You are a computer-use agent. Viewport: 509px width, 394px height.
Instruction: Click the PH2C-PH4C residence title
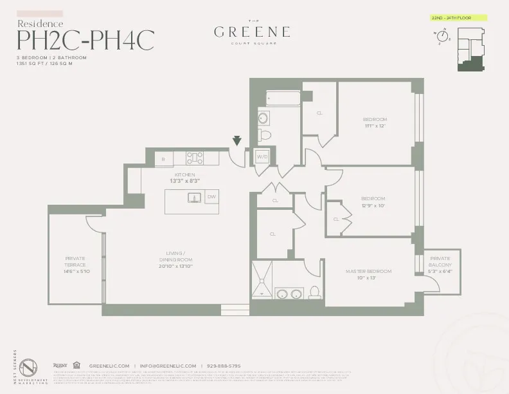tap(85, 40)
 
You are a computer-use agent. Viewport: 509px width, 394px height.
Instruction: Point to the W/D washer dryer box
tap(262, 156)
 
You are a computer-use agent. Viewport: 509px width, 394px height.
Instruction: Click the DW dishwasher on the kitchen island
tap(211, 197)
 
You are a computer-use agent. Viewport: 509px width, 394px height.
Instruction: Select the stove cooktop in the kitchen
tap(195, 158)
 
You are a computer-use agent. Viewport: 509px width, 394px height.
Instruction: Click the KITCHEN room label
tap(185, 174)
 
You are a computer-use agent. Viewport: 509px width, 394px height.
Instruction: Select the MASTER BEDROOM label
tap(368, 272)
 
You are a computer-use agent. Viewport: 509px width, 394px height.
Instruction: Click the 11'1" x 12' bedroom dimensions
tap(374, 126)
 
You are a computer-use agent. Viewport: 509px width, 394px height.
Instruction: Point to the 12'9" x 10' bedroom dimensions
tap(373, 205)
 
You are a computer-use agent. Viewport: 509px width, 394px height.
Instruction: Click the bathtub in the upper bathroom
tap(283, 99)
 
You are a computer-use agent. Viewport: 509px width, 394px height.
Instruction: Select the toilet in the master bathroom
tap(315, 293)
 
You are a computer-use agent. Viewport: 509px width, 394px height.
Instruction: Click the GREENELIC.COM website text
tap(109, 366)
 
